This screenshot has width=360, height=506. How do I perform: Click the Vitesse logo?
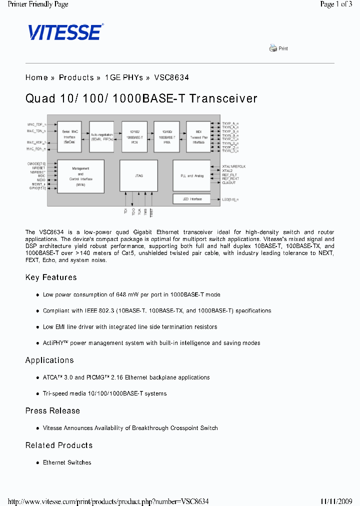point(65,32)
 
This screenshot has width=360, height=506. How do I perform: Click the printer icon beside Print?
point(273,48)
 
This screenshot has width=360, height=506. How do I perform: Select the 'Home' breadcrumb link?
point(36,77)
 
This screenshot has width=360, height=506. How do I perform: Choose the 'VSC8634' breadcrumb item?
point(171,77)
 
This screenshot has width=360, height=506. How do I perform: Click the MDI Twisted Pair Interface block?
point(198,136)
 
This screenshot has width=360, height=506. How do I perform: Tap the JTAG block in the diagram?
point(139,175)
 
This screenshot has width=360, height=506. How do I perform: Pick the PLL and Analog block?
point(192,175)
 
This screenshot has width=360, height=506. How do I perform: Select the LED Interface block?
point(192,199)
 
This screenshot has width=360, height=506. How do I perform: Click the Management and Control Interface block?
point(81,175)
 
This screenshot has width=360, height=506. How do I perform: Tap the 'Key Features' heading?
point(51,277)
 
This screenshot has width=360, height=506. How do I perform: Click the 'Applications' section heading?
point(49,360)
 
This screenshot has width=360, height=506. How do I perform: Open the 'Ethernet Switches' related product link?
point(67,462)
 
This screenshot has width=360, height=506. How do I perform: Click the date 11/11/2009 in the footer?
point(336,501)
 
